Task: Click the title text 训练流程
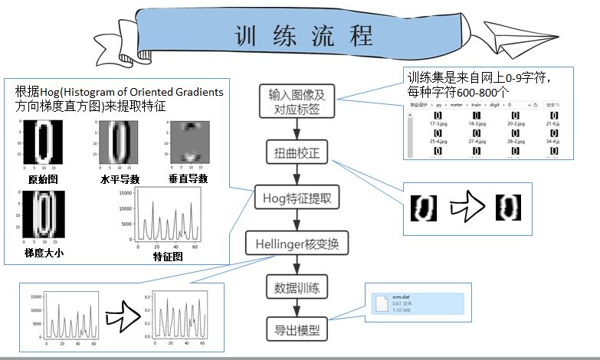pos(303,35)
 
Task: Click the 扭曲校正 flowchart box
pos(297,152)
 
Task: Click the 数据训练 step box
pos(297,289)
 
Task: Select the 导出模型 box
pos(297,331)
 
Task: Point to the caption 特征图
pos(167,257)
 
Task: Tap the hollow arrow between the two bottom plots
pos(120,315)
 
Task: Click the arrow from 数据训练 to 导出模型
pos(297,310)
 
